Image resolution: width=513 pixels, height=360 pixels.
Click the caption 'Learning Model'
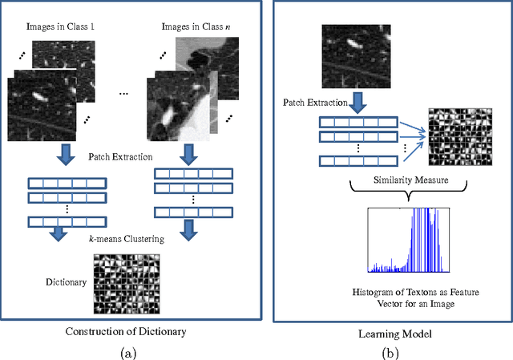(x=389, y=330)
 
